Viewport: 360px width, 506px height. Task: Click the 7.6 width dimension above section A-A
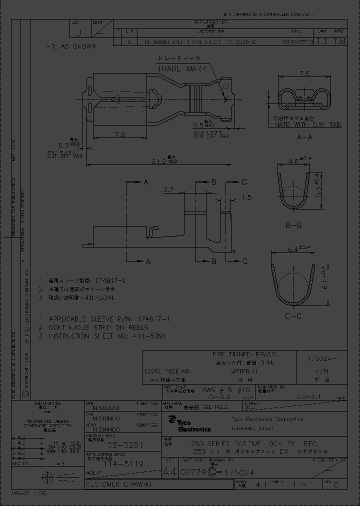pos(303,73)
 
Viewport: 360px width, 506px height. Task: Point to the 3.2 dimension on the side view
pos(168,190)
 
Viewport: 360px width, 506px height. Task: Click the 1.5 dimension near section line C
pos(246,197)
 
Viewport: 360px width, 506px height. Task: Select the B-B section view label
pos(293,225)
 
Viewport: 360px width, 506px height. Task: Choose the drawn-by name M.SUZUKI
pos(100,408)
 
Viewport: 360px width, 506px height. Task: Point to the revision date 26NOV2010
pos(298,43)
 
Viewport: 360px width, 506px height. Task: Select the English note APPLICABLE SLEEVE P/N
pos(109,318)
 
